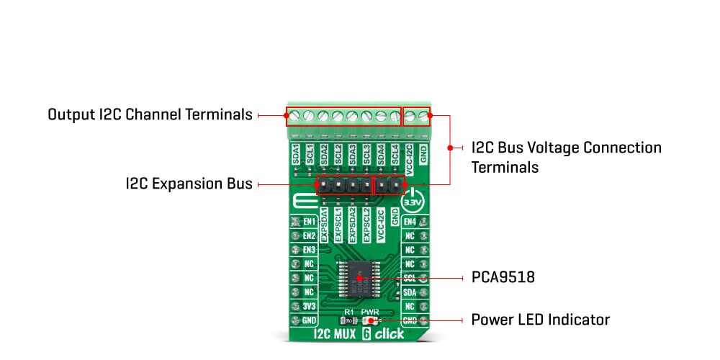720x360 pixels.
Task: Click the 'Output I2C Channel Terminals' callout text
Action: [150, 114]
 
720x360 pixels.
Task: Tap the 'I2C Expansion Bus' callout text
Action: [189, 184]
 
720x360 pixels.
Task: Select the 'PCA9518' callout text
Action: [503, 277]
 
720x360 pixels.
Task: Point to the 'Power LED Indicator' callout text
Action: [540, 320]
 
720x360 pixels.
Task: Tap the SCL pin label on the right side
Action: [410, 277]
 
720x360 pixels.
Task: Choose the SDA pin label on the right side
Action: [410, 292]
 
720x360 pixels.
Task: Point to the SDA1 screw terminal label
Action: [295, 154]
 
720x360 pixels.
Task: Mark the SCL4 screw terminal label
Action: [395, 154]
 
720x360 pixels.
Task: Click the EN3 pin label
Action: [310, 249]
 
